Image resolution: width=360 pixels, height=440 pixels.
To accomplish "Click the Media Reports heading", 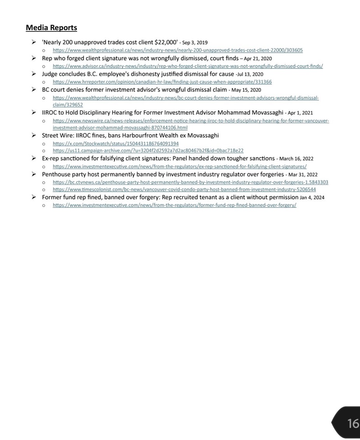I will coord(51,28).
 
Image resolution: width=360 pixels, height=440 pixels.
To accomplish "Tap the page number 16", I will coord(353,423).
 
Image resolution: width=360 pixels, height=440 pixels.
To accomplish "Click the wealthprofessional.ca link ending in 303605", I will coord(178,50).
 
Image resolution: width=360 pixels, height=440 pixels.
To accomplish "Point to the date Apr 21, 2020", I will coord(258,59).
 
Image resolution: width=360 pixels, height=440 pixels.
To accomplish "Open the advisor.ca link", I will coord(188,66).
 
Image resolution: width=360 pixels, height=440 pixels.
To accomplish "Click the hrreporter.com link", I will coord(162,82).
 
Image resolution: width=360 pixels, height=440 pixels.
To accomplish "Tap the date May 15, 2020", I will coord(246,90).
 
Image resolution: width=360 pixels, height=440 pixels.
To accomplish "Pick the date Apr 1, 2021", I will coord(300,113).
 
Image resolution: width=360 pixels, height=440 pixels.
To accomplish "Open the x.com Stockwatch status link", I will coord(115,143).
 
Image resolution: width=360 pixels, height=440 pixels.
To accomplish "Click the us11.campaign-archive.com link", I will coord(148,150).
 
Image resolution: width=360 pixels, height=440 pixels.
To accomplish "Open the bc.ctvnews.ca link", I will coord(190,182).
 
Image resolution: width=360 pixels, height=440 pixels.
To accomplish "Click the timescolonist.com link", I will coord(184,189).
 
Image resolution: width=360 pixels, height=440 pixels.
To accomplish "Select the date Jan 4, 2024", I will coord(312,197).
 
